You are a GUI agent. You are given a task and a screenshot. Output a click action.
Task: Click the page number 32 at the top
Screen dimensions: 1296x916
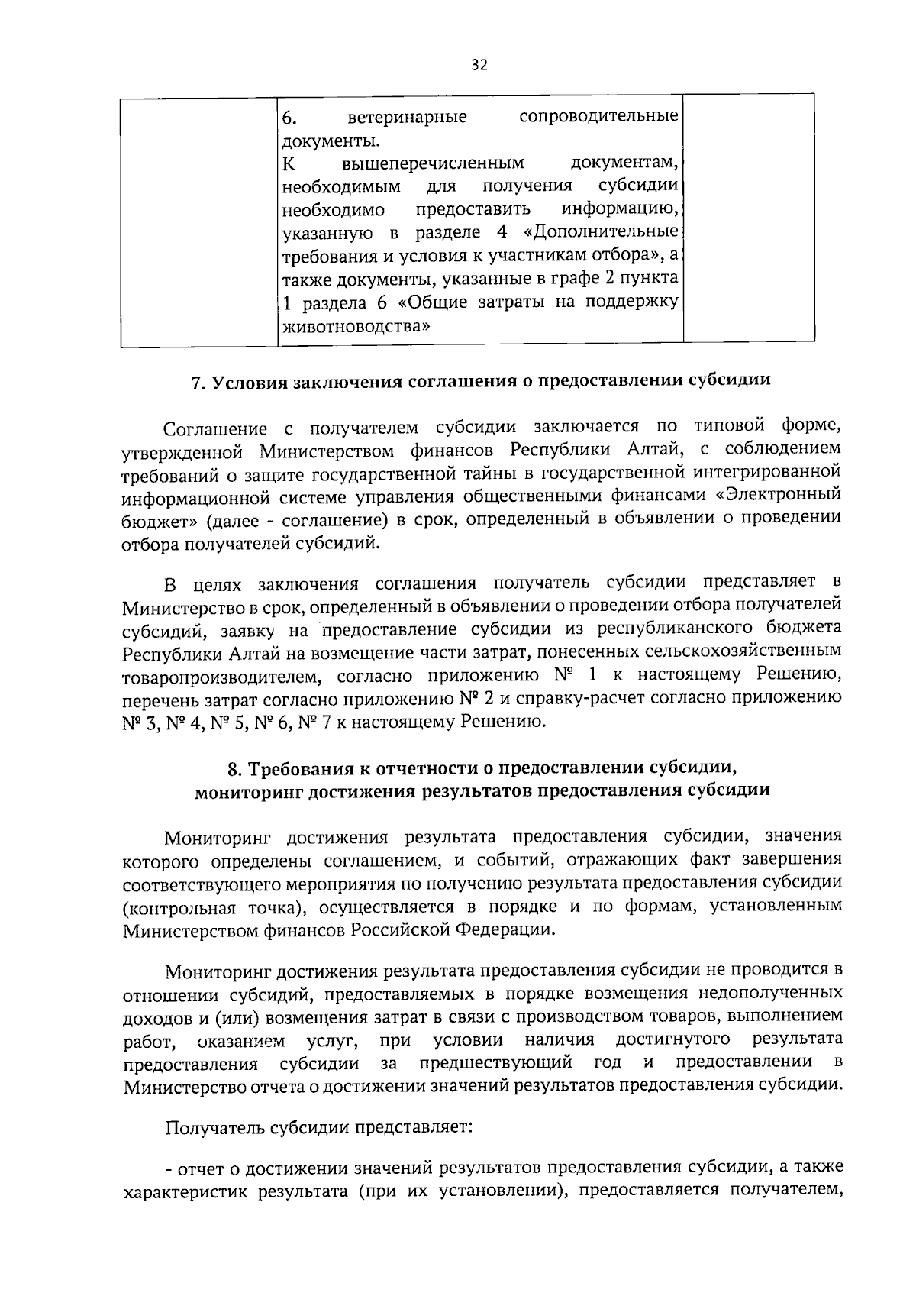pos(478,65)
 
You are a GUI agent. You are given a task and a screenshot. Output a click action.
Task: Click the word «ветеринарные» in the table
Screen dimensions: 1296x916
pos(407,118)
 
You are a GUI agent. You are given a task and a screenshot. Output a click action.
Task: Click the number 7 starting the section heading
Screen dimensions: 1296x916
pos(195,381)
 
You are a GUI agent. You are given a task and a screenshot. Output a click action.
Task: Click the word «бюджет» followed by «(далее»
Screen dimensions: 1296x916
pos(150,519)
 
